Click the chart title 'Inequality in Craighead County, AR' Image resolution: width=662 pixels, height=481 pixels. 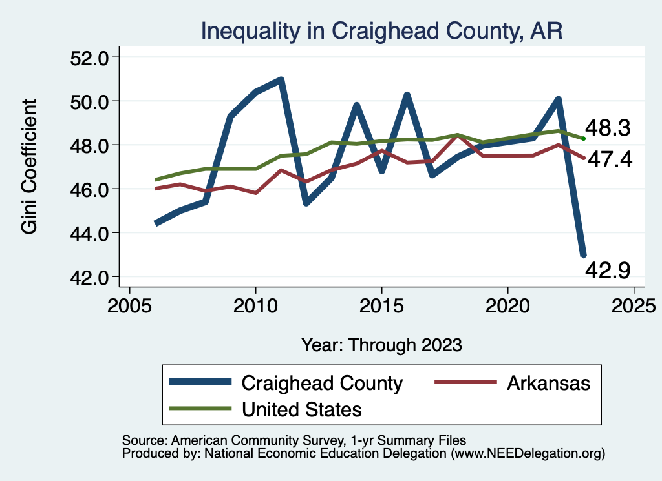(x=381, y=30)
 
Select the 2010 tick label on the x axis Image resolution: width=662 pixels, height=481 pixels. (x=256, y=305)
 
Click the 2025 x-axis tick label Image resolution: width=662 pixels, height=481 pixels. (x=634, y=305)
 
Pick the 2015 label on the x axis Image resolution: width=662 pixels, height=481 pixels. (x=381, y=305)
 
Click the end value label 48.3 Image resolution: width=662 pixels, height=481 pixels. (x=608, y=128)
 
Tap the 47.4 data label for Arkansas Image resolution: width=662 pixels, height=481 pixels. (x=608, y=159)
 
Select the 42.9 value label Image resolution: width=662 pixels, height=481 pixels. (x=608, y=270)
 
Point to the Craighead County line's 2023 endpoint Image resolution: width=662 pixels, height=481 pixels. (x=583, y=256)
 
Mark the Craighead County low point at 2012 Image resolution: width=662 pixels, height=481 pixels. (x=306, y=203)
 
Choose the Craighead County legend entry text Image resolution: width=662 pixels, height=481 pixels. (x=322, y=383)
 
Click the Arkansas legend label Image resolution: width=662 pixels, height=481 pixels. (x=549, y=383)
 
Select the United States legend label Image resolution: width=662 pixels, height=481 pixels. (x=302, y=409)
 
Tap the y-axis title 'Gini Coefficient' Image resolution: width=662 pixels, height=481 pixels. (x=29, y=167)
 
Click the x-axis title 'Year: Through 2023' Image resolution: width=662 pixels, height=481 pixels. (x=381, y=344)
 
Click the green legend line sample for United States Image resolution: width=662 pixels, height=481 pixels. (x=200, y=409)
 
